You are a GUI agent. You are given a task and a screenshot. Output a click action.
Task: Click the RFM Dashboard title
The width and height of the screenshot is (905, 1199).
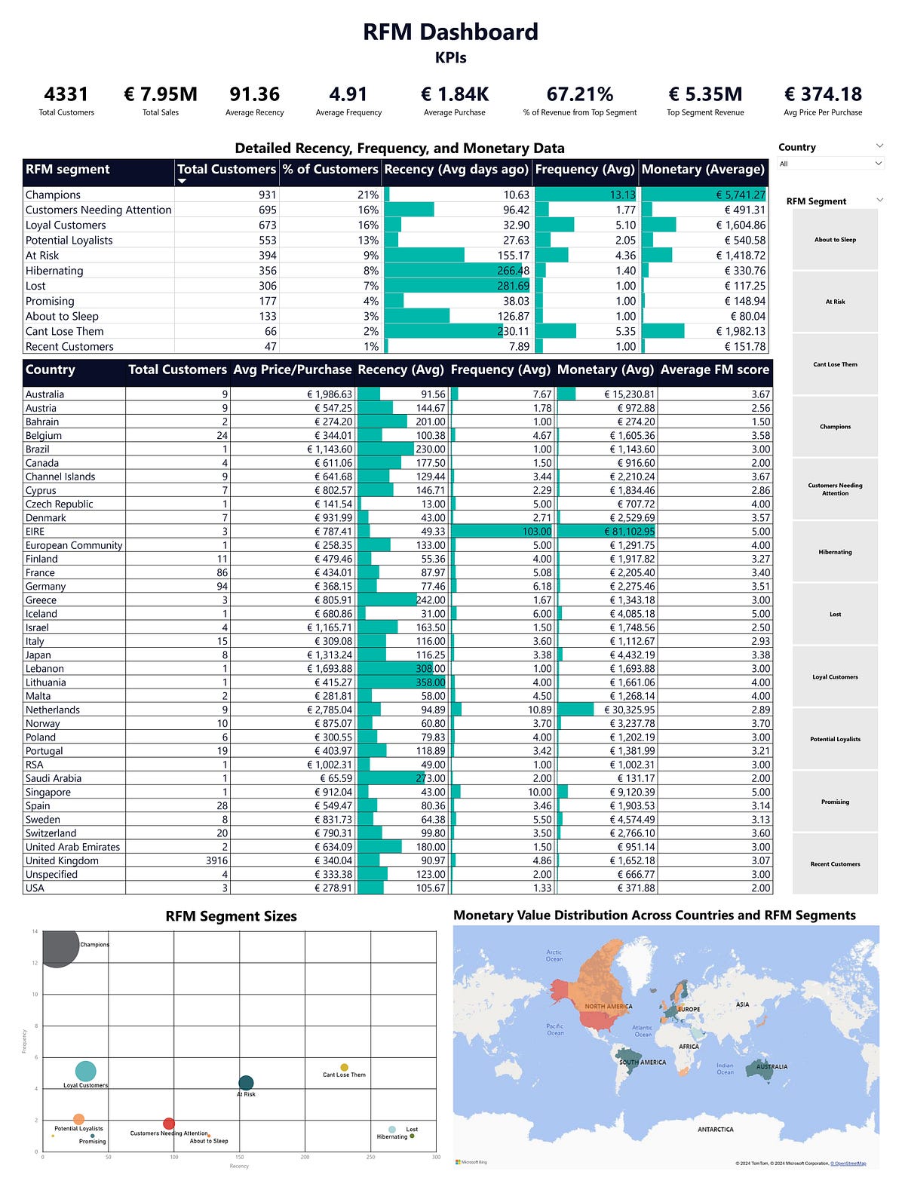(450, 32)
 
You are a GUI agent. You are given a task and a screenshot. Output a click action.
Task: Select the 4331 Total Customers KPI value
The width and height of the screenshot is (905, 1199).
(66, 94)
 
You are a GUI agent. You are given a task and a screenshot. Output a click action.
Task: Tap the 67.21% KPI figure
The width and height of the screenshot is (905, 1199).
(579, 94)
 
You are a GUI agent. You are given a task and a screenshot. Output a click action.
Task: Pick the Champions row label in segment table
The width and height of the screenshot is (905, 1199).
(53, 195)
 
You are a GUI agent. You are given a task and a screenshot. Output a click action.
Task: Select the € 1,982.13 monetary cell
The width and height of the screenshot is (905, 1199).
(740, 331)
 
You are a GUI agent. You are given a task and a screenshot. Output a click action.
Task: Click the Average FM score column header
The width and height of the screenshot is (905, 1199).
(714, 370)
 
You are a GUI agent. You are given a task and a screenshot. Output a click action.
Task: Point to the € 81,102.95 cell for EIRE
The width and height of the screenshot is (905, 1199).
(629, 532)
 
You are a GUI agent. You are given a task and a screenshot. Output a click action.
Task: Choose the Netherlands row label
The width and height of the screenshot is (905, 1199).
(53, 710)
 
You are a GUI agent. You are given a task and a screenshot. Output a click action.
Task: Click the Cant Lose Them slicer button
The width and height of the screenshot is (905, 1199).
(835, 364)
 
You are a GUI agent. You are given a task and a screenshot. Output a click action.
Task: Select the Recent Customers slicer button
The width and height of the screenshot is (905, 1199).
(835, 864)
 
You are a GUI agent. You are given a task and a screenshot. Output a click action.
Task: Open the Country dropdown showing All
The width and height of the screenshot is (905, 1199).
(830, 164)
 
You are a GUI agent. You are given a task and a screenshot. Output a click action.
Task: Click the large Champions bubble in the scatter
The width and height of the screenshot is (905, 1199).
(59, 947)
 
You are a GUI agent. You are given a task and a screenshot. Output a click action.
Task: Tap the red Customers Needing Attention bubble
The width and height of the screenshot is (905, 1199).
(169, 1124)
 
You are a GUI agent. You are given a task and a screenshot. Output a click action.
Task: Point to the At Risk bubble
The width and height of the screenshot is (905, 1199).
(246, 1084)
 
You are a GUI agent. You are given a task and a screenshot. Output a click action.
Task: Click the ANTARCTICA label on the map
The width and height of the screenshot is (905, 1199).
(715, 1130)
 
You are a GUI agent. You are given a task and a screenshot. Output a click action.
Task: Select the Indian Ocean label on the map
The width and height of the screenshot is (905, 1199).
(725, 1069)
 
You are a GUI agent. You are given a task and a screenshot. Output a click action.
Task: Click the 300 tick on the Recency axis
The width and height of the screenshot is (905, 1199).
(436, 1157)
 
